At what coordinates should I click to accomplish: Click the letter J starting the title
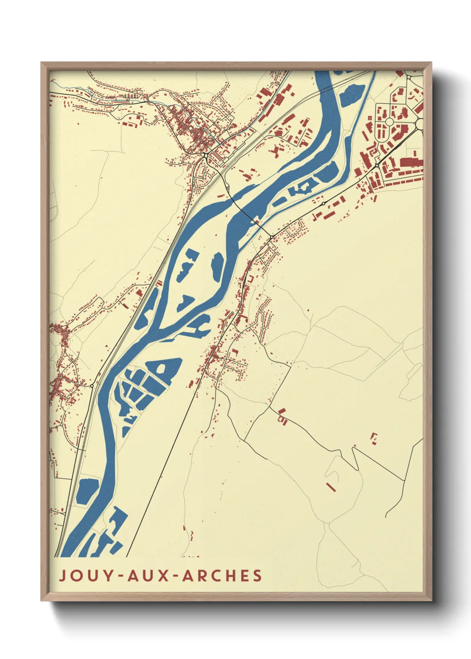coord(63,575)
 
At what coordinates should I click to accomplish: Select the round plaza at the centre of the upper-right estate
coord(389,122)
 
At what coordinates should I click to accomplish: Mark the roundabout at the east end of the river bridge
coord(271,238)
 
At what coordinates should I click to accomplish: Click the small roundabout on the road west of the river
coord(92,385)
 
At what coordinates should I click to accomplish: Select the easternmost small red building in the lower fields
coord(374,437)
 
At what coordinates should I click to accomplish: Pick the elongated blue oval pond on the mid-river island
coord(217,266)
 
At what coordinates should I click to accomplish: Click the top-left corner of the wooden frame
coord(42,63)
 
